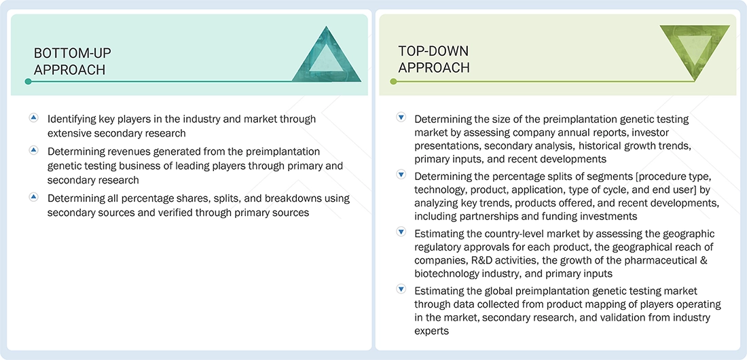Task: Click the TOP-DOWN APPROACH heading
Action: [433, 59]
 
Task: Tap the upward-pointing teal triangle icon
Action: [327, 55]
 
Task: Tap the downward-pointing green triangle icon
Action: [694, 53]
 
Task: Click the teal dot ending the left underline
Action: [28, 82]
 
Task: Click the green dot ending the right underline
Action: [393, 82]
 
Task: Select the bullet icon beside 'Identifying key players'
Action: [33, 118]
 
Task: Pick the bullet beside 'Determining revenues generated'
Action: [33, 151]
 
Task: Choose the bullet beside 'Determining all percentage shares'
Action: [33, 198]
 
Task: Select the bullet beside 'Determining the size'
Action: [401, 118]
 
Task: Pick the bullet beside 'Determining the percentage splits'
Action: [401, 175]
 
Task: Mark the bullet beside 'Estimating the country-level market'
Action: [401, 232]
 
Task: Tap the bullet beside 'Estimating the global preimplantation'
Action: [401, 289]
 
